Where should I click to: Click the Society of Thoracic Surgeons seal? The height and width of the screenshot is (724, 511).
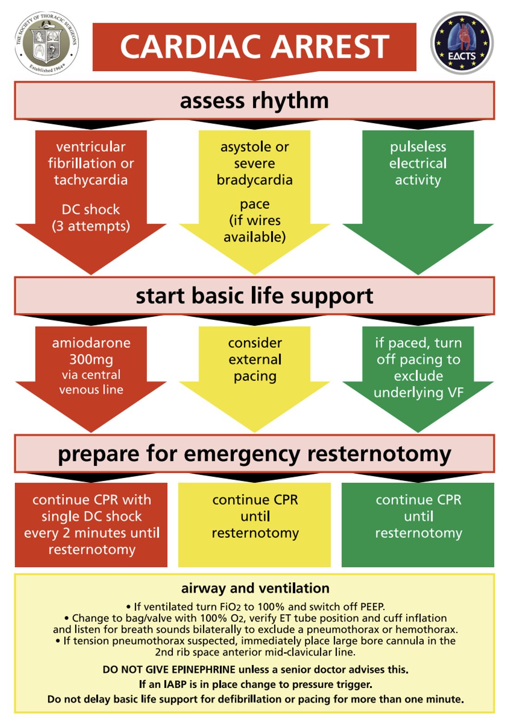click(47, 43)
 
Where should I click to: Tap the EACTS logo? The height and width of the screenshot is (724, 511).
click(462, 43)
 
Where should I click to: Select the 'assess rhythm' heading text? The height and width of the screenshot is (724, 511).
click(254, 100)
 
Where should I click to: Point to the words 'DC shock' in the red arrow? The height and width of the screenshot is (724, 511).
click(91, 209)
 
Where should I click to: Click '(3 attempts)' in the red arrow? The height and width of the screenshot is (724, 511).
click(91, 226)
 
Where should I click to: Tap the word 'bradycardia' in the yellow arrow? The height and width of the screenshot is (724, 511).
click(255, 180)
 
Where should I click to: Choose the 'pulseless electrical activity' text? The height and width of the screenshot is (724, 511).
click(418, 163)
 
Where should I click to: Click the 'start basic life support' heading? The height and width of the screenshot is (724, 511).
click(254, 296)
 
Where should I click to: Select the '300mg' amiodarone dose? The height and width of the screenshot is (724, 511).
click(91, 359)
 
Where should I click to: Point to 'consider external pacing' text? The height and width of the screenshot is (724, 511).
click(255, 359)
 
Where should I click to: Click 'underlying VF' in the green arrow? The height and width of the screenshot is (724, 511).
click(418, 393)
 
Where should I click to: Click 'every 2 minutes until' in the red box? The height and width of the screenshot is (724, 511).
click(91, 533)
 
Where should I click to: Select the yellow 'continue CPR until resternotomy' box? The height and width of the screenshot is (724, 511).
click(255, 524)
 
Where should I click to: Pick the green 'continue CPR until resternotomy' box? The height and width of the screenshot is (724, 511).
click(418, 524)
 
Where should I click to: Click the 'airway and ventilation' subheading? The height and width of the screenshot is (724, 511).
click(255, 588)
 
